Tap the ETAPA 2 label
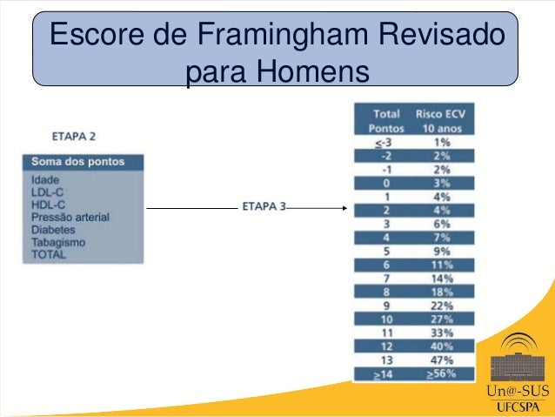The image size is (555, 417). (x=74, y=137)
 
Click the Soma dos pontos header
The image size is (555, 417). (x=77, y=162)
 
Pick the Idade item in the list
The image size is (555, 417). (x=46, y=180)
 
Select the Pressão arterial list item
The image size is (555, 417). (x=70, y=217)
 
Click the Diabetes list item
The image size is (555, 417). (x=54, y=230)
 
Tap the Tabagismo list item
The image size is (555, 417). (x=58, y=243)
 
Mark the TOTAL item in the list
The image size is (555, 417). (x=49, y=256)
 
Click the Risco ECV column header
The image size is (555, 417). (x=441, y=113)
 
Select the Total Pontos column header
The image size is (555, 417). (x=386, y=120)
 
